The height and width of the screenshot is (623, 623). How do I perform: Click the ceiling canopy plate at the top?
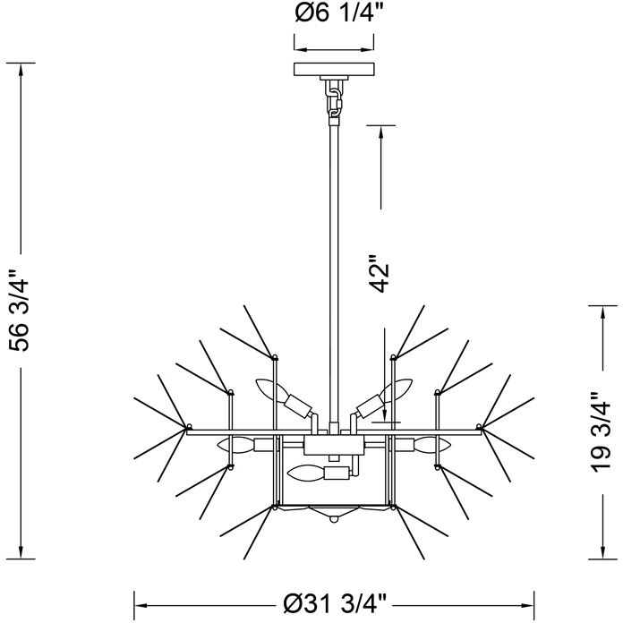(x=334, y=70)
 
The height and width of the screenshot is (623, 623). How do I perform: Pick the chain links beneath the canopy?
(x=334, y=97)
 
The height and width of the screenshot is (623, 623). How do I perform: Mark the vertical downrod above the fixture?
(x=334, y=269)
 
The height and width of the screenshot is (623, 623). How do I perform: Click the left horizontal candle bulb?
(x=235, y=444)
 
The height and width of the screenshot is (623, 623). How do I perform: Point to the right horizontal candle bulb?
(x=432, y=444)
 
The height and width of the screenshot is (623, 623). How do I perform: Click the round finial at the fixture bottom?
(x=334, y=519)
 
